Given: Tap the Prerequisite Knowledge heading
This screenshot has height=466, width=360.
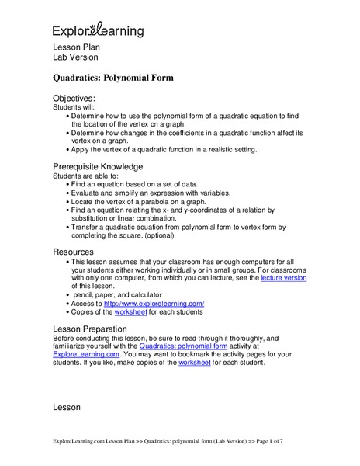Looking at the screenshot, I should (x=97, y=166).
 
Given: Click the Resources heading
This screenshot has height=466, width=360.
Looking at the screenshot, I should (x=75, y=252).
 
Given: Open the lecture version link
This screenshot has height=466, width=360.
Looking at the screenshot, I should (x=283, y=276).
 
